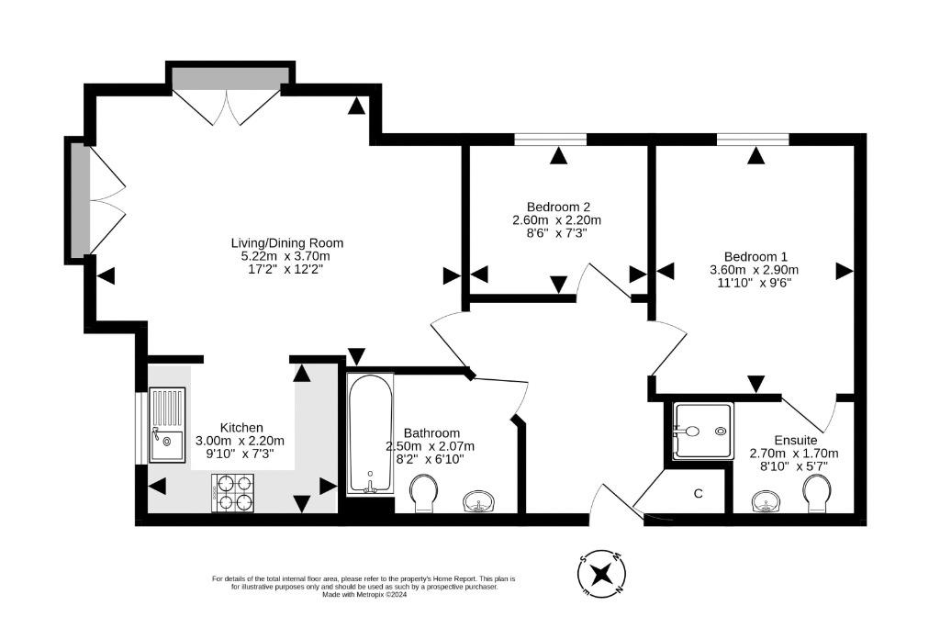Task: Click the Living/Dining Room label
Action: (x=287, y=243)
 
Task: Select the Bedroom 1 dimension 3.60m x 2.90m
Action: (x=755, y=270)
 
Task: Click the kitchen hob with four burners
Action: (x=232, y=493)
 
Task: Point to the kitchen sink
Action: (x=167, y=425)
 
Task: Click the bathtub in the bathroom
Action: (x=371, y=433)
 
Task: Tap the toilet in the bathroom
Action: (x=424, y=494)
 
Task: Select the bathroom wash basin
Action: (x=479, y=502)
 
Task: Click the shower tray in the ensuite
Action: (x=703, y=432)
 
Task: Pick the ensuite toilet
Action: (x=818, y=494)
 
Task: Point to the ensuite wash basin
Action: (x=768, y=501)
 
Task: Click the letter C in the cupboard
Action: (x=698, y=494)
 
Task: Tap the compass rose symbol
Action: (x=602, y=574)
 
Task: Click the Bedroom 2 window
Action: (x=551, y=140)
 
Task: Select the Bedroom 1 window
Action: (x=753, y=140)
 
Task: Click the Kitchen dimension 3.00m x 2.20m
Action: (x=240, y=441)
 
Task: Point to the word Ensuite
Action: (x=796, y=441)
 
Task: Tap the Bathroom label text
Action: (x=431, y=433)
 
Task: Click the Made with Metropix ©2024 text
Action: (x=364, y=595)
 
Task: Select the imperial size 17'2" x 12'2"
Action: (x=286, y=269)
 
